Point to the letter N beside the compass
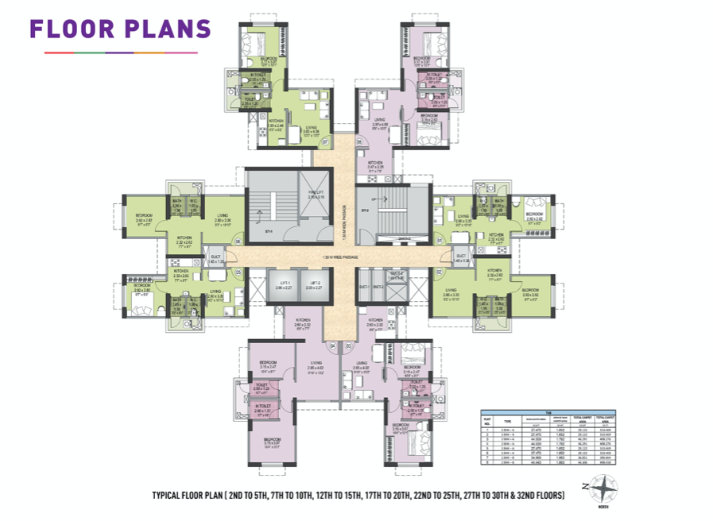click(587, 486)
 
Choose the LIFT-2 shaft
click(312, 286)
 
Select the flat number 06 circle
click(359, 142)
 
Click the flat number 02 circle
click(439, 272)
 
